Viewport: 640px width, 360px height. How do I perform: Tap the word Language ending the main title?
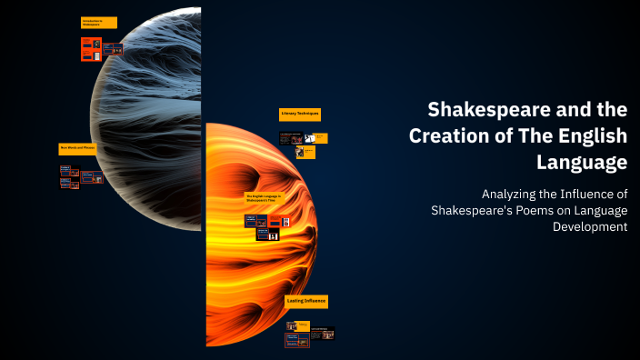(583, 164)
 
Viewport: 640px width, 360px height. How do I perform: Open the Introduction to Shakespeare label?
(99, 23)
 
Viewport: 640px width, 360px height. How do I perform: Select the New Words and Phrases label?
(78, 147)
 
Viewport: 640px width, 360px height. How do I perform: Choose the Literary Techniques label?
(299, 115)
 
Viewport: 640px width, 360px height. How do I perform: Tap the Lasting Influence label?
(306, 300)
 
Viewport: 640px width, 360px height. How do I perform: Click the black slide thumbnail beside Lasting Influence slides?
(324, 334)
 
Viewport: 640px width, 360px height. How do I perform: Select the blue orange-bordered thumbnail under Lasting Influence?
(295, 340)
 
